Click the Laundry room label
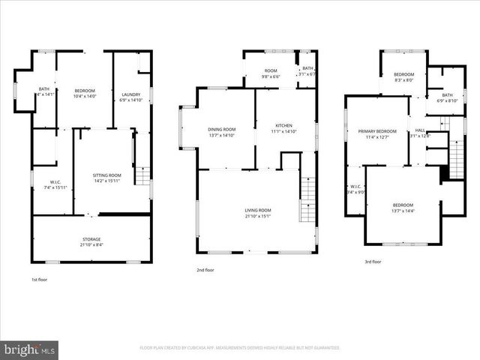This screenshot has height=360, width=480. pyautogui.click(x=130, y=94)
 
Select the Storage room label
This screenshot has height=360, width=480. pyautogui.click(x=91, y=238)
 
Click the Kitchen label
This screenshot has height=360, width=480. pyautogui.click(x=283, y=125)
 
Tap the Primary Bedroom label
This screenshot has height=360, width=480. pyautogui.click(x=376, y=131)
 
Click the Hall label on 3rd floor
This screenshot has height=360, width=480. pyautogui.click(x=420, y=130)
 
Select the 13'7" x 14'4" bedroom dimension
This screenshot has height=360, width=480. pyautogui.click(x=403, y=211)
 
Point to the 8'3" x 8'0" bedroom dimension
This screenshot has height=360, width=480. pyautogui.click(x=403, y=80)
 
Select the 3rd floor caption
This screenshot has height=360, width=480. pyautogui.click(x=373, y=262)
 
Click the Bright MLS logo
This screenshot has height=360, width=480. pyautogui.click(x=29, y=349)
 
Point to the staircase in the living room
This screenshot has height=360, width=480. pyautogui.click(x=307, y=199)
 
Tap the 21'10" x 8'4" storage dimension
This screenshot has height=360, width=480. pyautogui.click(x=91, y=244)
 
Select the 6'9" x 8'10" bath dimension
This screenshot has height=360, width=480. pyautogui.click(x=447, y=100)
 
